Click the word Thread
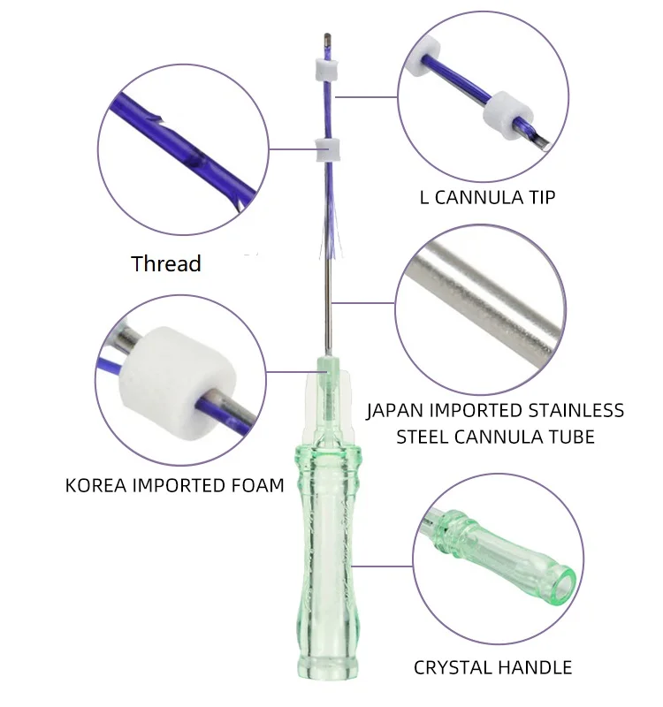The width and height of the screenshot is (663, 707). pyautogui.click(x=166, y=263)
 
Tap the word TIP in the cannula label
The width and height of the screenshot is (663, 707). pyautogui.click(x=537, y=196)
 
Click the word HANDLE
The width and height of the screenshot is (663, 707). pyautogui.click(x=538, y=667)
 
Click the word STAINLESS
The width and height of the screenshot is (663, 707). pyautogui.click(x=574, y=411)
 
